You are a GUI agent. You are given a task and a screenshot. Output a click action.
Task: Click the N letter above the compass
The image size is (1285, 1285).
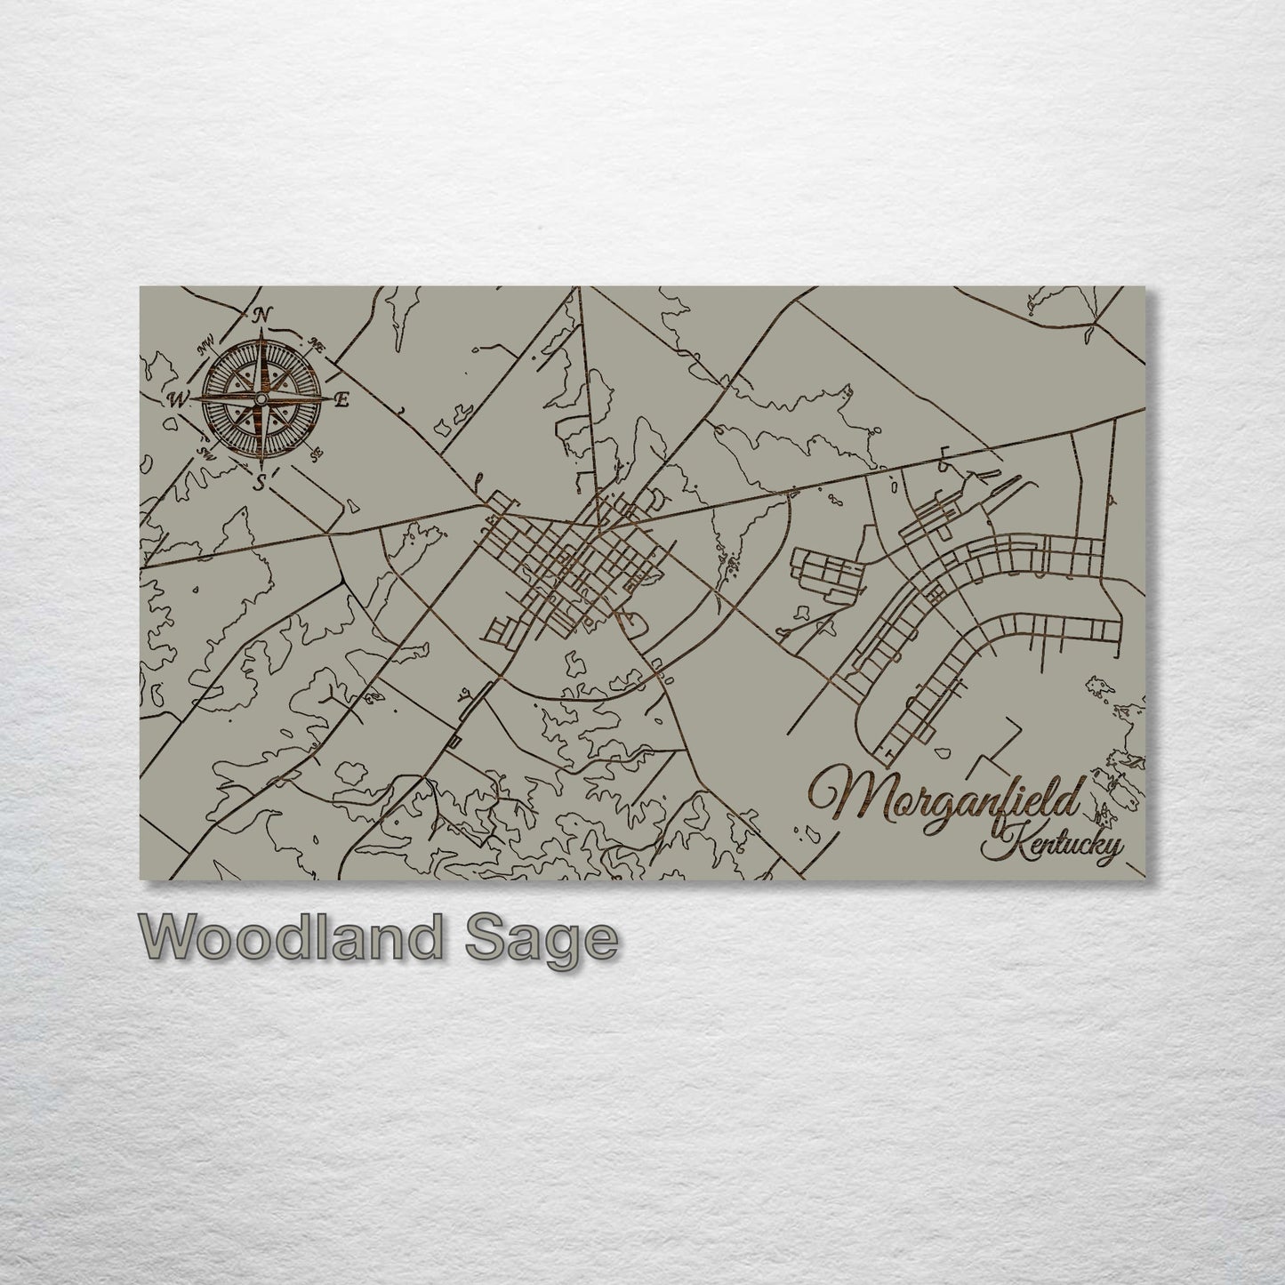pos(261,314)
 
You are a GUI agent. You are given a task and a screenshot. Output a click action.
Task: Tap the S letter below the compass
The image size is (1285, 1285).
pos(260,483)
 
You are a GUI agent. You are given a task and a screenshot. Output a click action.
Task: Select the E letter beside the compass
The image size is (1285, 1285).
pos(340,400)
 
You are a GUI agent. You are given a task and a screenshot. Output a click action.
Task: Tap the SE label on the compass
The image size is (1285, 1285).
pos(316,455)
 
